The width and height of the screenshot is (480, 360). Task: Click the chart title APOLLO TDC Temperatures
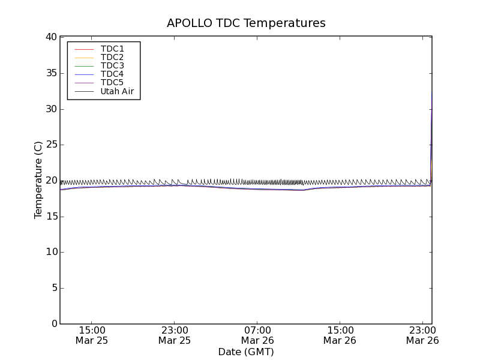246,23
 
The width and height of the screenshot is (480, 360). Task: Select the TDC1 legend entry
112,49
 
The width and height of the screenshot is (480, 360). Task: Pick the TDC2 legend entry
112,57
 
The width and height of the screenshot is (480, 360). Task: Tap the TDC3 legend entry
112,65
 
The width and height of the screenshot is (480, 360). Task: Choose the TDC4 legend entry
112,74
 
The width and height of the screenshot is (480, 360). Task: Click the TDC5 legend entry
112,82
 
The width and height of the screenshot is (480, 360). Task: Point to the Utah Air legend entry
117,91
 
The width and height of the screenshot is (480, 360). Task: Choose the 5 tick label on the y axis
53,288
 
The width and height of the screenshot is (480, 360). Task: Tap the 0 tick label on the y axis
53,324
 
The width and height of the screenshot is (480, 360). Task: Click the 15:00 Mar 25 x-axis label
92,335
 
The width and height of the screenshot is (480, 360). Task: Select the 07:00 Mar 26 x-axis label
257,335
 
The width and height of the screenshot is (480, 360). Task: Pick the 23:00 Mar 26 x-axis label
422,335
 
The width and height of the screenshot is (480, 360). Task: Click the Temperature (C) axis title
38,180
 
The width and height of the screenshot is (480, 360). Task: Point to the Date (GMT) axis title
246,352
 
